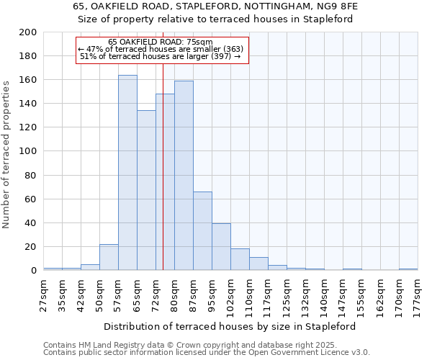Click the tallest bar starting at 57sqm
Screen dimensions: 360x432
(127, 173)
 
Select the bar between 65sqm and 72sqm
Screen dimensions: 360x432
(146, 191)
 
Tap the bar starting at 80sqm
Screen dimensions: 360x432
(184, 176)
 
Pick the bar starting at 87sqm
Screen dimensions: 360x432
(202, 231)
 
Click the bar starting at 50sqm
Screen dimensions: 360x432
(109, 257)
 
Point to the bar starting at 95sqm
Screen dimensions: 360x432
(221, 247)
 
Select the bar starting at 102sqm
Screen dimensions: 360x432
(240, 259)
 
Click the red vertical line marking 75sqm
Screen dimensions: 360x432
(163, 180)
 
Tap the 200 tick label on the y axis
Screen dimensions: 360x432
(28, 32)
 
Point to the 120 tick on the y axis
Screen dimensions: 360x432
(28, 127)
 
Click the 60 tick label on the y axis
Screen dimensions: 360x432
(31, 199)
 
